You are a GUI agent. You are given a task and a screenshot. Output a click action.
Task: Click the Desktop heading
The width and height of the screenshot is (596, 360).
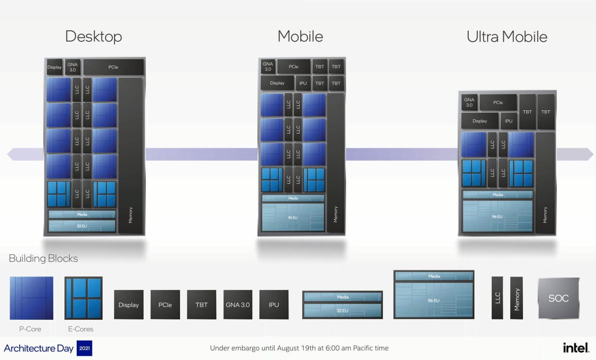(93, 37)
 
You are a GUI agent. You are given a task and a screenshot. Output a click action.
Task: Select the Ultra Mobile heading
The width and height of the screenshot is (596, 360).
(507, 37)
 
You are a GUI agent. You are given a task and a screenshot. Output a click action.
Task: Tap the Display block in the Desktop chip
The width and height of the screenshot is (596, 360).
(54, 67)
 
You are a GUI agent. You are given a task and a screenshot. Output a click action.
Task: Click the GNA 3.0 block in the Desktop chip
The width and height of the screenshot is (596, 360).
(73, 67)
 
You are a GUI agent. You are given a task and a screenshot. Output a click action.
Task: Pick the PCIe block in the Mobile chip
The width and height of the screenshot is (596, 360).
(294, 67)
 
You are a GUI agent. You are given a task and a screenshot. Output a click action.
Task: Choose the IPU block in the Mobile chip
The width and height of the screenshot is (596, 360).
(303, 83)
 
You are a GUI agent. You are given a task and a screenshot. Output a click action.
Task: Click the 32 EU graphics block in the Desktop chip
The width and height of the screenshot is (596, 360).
(82, 226)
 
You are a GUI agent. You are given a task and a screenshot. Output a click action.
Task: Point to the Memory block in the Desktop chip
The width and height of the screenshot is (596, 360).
(130, 157)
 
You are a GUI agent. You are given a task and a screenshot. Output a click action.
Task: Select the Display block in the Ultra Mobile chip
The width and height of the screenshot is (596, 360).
(480, 121)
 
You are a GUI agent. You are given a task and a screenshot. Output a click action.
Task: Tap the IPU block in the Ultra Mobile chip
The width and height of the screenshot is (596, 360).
(508, 121)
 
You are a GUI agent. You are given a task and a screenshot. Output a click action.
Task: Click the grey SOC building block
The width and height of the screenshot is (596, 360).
(558, 298)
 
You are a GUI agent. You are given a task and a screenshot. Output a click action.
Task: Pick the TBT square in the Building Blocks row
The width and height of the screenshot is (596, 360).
(202, 305)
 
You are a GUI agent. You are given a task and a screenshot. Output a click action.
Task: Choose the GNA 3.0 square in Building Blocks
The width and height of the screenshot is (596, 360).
(238, 305)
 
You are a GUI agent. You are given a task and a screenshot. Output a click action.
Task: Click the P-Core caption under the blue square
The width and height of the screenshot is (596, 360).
(30, 329)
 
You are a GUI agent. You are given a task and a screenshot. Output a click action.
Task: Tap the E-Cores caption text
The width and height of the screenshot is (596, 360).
(80, 329)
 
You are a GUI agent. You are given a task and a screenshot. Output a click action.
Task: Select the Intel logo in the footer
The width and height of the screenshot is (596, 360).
(576, 348)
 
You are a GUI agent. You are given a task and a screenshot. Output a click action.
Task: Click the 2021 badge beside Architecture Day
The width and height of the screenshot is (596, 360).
(85, 348)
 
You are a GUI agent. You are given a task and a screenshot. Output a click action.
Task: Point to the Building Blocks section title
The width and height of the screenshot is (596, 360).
(43, 258)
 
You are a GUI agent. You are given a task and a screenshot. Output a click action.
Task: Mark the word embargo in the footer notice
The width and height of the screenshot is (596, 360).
(245, 348)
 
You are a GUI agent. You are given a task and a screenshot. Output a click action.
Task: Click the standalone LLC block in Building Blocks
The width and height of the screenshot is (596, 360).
(497, 298)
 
